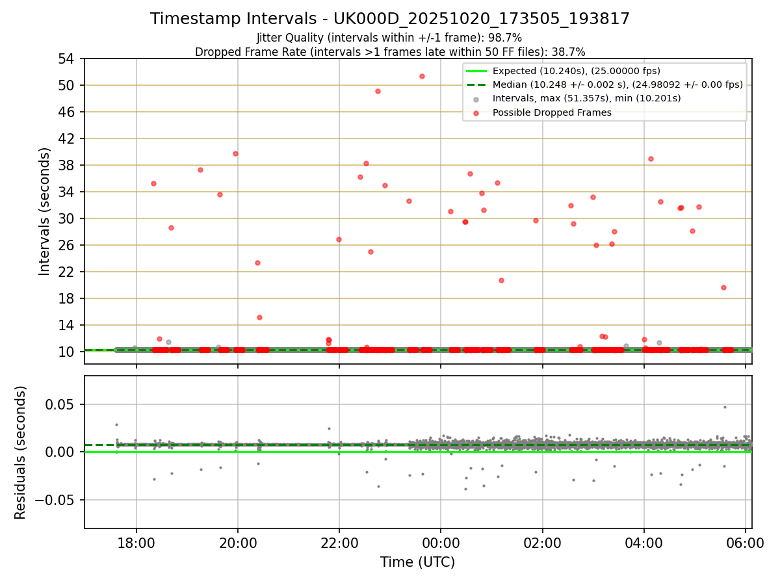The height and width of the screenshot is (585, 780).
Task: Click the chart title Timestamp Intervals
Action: click(x=390, y=19)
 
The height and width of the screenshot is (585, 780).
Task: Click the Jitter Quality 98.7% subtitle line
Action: click(x=389, y=38)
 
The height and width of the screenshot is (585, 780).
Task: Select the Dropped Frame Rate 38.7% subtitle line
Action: click(x=390, y=51)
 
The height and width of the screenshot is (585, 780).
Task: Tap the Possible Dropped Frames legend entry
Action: click(x=552, y=112)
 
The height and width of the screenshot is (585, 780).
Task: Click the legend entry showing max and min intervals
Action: click(x=586, y=99)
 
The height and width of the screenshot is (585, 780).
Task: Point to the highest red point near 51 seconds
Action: click(x=422, y=76)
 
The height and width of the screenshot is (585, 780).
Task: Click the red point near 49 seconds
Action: click(x=378, y=91)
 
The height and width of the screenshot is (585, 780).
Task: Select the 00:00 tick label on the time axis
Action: click(x=441, y=543)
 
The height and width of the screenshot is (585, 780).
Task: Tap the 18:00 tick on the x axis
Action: click(x=136, y=543)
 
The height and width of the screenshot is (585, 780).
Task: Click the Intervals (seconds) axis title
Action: click(x=45, y=211)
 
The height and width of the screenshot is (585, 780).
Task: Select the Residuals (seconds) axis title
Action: click(x=21, y=452)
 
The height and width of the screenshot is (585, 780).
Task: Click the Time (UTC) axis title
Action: click(x=418, y=562)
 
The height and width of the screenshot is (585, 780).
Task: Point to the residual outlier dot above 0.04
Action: click(x=725, y=407)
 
